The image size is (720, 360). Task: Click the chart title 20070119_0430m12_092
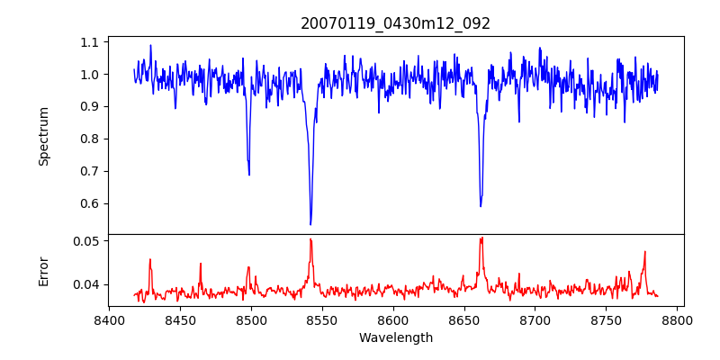[395, 23]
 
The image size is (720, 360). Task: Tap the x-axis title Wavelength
[395, 337]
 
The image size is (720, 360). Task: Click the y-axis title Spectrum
[43, 136]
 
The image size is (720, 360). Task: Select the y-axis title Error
[43, 271]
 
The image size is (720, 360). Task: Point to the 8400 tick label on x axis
[109, 319]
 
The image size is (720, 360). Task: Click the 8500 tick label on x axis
[251, 319]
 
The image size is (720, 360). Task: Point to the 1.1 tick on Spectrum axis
[90, 42]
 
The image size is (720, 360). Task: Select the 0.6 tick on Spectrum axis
[90, 203]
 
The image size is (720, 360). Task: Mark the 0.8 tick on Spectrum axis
[90, 139]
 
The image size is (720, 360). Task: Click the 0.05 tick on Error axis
[86, 241]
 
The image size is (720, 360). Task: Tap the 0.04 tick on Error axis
[86, 284]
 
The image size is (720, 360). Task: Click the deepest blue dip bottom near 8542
[310, 224]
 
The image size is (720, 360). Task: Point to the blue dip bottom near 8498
[249, 175]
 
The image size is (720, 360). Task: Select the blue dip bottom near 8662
[481, 206]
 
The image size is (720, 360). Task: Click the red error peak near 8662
[481, 238]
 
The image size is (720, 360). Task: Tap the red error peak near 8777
[644, 252]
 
